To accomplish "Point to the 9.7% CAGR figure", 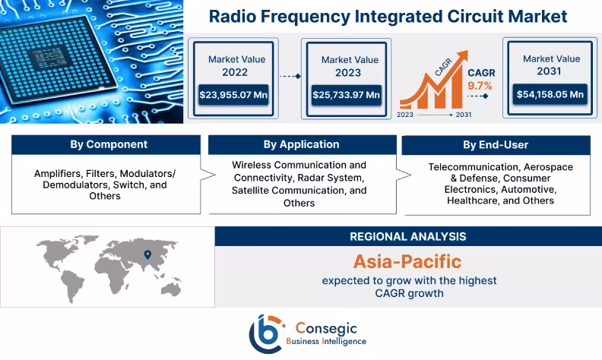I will (480, 86).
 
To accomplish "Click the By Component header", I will (109, 144).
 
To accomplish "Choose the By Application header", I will (301, 144).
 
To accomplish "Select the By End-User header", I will (495, 144).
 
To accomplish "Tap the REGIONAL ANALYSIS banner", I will (407, 236).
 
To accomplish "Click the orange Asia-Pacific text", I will (407, 262).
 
